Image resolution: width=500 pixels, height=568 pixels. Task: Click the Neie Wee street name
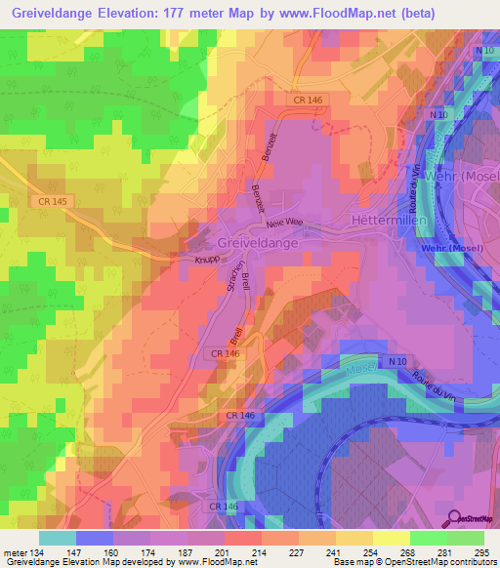tap(300, 223)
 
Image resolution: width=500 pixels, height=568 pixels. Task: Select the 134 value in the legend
tap(39, 552)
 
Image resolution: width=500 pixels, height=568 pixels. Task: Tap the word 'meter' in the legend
tap(14, 552)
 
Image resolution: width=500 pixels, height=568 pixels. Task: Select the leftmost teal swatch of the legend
tap(57, 538)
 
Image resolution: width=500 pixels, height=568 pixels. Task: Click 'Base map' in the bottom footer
tap(350, 562)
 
